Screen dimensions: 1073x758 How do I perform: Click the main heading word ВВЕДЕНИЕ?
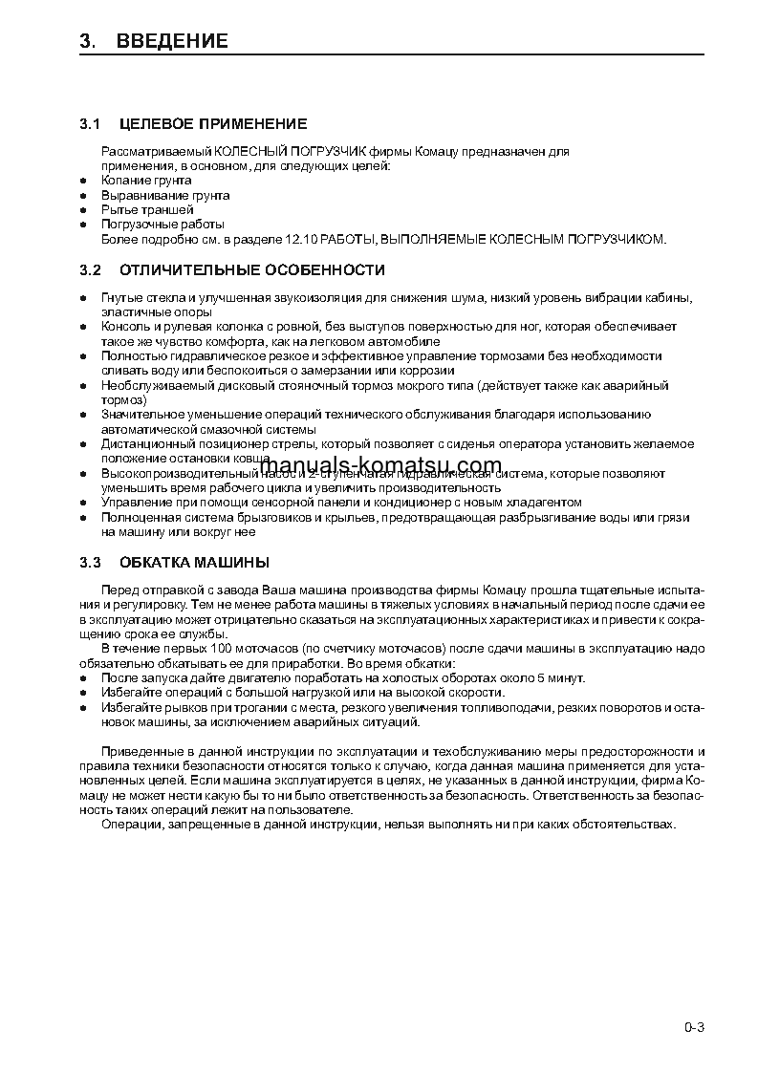pyautogui.click(x=172, y=41)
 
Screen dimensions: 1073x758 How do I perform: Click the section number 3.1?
pyautogui.click(x=90, y=123)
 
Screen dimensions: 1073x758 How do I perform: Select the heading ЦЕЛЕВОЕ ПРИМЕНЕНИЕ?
pyautogui.click(x=213, y=123)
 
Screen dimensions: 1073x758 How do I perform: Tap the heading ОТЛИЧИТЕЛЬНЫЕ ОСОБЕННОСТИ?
pyautogui.click(x=252, y=270)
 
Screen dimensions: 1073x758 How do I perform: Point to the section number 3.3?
pyautogui.click(x=90, y=562)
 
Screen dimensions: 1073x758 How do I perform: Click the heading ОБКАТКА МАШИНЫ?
pyautogui.click(x=194, y=562)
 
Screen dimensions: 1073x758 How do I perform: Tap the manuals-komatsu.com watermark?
pyautogui.click(x=379, y=467)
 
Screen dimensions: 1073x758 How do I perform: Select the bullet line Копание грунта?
pyautogui.click(x=146, y=180)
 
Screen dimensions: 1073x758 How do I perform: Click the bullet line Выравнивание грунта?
pyautogui.click(x=165, y=195)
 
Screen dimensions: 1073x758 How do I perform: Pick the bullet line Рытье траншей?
pyautogui.click(x=147, y=209)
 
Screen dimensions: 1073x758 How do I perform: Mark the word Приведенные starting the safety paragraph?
pyautogui.click(x=141, y=752)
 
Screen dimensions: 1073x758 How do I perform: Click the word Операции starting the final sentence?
pyautogui.click(x=130, y=824)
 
